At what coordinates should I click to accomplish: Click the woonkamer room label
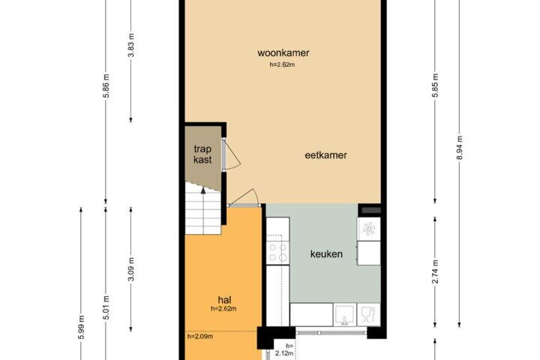click(283, 53)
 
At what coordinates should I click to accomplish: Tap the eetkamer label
click(325, 155)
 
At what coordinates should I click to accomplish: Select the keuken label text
click(326, 254)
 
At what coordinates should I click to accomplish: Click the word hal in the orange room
click(224, 300)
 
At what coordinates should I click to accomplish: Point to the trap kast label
click(202, 154)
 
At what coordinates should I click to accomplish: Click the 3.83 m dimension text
click(130, 46)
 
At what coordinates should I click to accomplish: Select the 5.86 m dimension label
click(106, 85)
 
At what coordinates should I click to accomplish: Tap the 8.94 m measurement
click(460, 148)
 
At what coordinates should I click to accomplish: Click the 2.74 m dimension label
click(435, 271)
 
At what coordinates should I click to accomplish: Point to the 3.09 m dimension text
click(130, 269)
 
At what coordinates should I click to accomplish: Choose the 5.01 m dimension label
click(106, 307)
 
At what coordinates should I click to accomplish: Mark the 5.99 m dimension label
click(81, 328)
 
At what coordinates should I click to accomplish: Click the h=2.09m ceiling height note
click(199, 337)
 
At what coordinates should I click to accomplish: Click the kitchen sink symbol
click(345, 315)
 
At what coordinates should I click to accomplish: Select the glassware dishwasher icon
click(368, 314)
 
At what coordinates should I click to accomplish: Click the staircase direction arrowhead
click(203, 190)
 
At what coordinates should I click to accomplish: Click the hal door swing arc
click(245, 197)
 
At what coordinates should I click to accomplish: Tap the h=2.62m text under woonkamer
click(282, 64)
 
